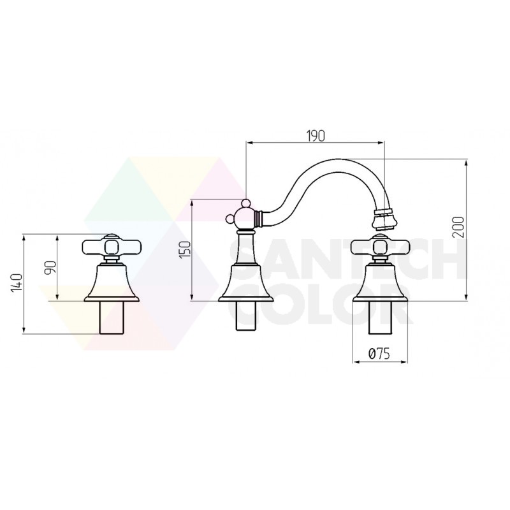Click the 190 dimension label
(316, 136)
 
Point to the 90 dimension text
(51, 268)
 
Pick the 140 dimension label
(17, 282)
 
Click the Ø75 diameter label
(379, 353)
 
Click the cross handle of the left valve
(112, 247)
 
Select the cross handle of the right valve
(381, 247)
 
